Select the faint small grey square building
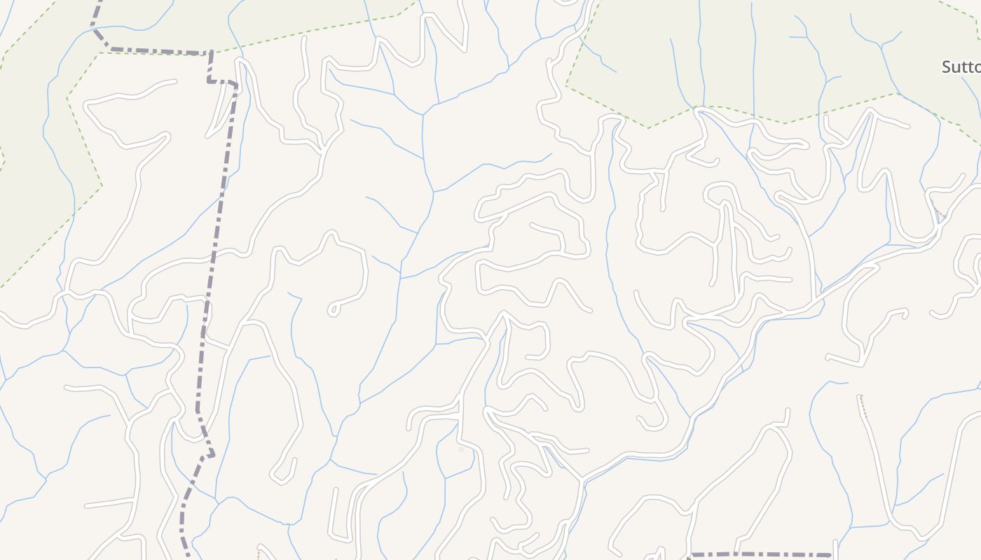[460, 449]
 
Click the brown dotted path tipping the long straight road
[863, 406]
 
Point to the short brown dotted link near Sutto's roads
[941, 213]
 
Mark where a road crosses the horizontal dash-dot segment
[736, 555]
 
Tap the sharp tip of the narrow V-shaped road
[873, 115]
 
